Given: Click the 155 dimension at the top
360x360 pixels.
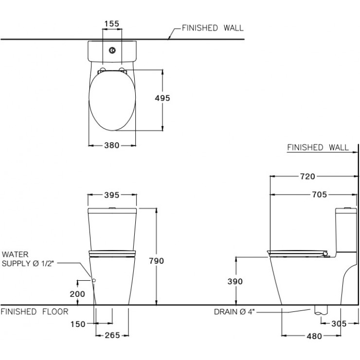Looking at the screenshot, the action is click(x=112, y=24).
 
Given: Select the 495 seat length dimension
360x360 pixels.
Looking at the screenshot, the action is click(x=162, y=98).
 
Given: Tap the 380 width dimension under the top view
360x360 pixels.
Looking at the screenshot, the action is click(x=112, y=145).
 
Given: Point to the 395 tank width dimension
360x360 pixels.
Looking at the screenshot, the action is click(x=112, y=195).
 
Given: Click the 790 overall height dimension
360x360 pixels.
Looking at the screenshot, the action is click(x=156, y=261).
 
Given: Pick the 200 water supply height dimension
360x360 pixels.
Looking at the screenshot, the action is click(x=77, y=294).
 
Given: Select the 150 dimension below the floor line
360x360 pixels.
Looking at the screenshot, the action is click(x=78, y=324).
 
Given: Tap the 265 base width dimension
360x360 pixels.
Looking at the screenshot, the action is click(x=112, y=336).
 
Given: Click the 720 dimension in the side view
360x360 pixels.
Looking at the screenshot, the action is click(x=307, y=176).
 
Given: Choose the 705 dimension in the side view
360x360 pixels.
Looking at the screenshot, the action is click(x=319, y=195).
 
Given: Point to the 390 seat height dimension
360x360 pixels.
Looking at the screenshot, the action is click(x=235, y=282).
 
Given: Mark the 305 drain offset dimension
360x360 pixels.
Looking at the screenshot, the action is click(x=339, y=324).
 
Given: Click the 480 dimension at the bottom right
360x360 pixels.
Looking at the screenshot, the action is click(x=314, y=336).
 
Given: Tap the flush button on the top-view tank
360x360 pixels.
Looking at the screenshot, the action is click(x=112, y=50).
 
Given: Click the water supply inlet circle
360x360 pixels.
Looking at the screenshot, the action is click(x=94, y=280).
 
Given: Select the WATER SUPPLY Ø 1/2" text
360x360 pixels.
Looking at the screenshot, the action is click(x=28, y=259).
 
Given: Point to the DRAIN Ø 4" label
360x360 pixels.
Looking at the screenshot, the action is click(x=234, y=312).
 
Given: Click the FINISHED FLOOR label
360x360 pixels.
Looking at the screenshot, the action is click(x=35, y=311).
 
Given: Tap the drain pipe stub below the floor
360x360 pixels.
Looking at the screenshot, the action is click(x=321, y=310).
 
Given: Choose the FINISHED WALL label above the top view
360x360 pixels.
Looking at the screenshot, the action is click(x=213, y=28).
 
